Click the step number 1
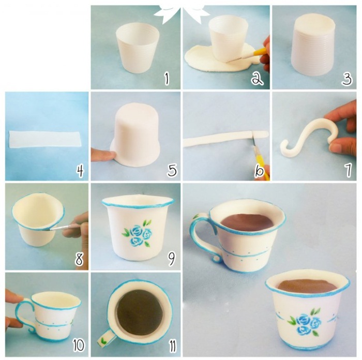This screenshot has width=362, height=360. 167,79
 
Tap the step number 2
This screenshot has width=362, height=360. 257,79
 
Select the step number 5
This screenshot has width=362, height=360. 172,170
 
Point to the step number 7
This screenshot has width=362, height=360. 349,170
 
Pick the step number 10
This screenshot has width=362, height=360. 79,345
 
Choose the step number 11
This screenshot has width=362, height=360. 172,346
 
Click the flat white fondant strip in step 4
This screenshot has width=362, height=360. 46,139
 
